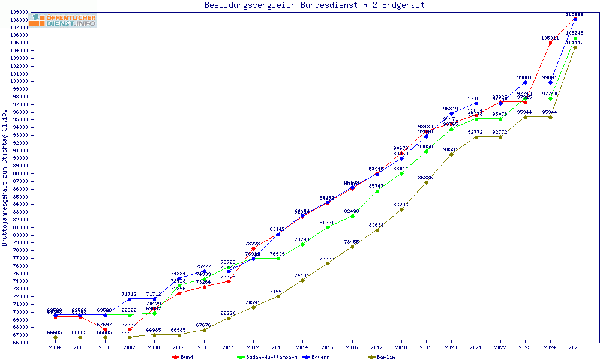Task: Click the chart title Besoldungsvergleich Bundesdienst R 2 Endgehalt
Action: [x=314, y=5]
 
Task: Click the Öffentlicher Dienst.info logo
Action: [x=64, y=21]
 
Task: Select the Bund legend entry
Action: [x=183, y=357]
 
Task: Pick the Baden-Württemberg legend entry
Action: [x=267, y=357]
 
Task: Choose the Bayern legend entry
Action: [x=317, y=357]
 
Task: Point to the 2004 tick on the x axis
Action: [x=55, y=347]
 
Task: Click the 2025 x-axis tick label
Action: [x=575, y=347]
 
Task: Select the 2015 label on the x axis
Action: [x=328, y=347]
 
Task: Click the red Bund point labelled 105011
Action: [x=550, y=43]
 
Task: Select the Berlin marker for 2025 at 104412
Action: [x=575, y=47]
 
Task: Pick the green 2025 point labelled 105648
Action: [x=575, y=38]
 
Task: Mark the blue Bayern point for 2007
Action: [x=130, y=299]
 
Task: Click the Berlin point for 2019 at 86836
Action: [x=426, y=182]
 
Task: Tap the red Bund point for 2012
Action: [x=253, y=248]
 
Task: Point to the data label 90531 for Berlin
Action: [x=451, y=150]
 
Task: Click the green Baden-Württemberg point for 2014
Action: [x=302, y=244]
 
